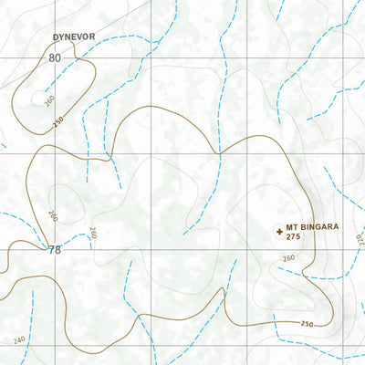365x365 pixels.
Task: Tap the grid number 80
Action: click(55, 57)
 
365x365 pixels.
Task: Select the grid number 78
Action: click(55, 249)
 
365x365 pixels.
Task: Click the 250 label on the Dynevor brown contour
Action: click(58, 121)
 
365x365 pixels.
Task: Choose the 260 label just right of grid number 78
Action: click(91, 235)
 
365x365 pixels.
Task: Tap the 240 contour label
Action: click(20, 339)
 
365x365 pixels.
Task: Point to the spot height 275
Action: click(293, 237)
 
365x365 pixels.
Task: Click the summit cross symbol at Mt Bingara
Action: click(277, 232)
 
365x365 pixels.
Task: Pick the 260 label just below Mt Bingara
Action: click(288, 259)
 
